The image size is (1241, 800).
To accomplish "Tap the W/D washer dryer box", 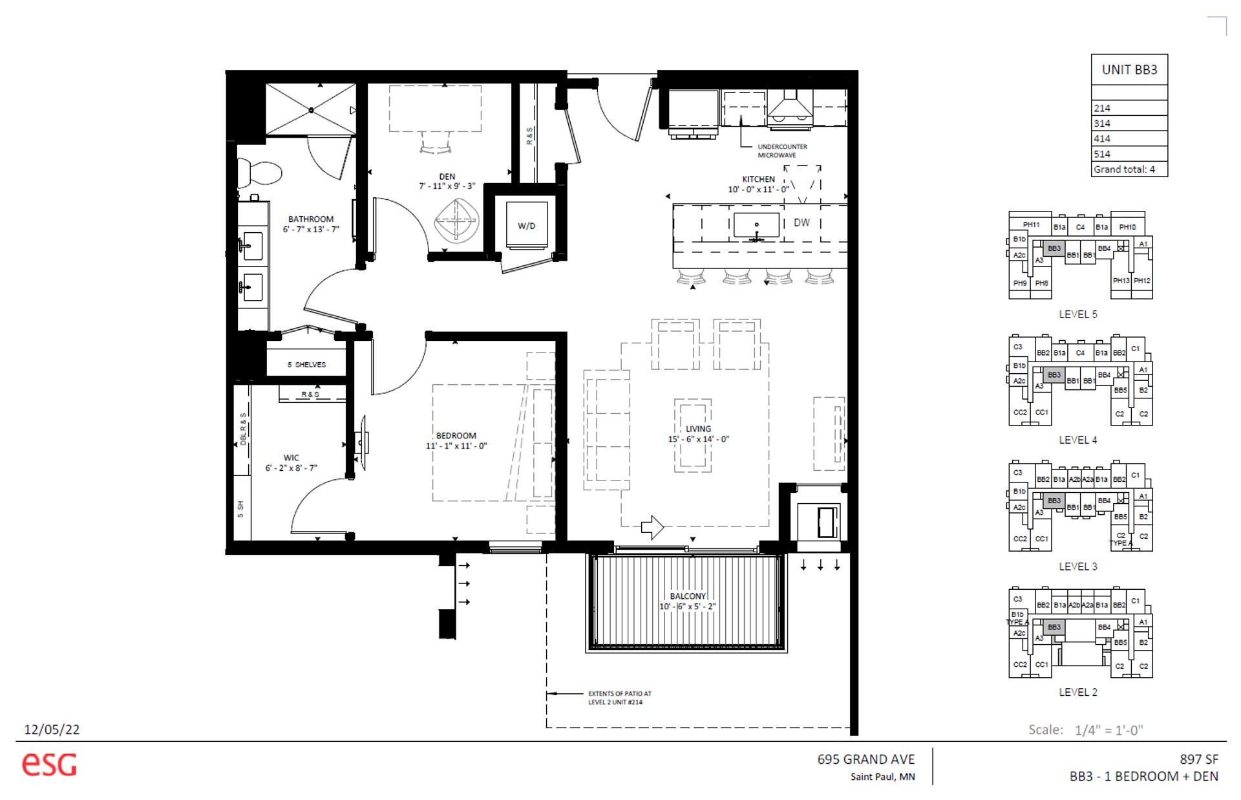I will (x=527, y=226).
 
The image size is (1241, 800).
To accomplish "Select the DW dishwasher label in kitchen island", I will (x=801, y=222).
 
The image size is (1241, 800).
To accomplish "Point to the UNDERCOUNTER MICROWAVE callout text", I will (x=781, y=151).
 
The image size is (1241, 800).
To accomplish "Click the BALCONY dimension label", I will (x=687, y=601).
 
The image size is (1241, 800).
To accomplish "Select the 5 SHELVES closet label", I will (x=306, y=365).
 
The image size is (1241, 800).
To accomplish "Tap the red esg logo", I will (x=49, y=764).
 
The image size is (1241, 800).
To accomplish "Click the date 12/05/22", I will (x=52, y=730).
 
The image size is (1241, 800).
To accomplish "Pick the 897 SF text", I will (x=1198, y=759).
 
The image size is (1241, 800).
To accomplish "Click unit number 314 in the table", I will (x=1102, y=124).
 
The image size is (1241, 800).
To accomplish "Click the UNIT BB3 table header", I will (x=1129, y=70).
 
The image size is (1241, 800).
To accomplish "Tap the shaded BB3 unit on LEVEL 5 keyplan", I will (x=1054, y=248).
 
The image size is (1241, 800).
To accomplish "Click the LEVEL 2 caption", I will (x=1077, y=692).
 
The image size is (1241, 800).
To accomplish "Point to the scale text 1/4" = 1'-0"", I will (x=1108, y=730).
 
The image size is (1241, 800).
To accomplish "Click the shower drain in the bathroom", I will (x=311, y=111).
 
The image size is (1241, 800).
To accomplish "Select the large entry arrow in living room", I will (x=652, y=527).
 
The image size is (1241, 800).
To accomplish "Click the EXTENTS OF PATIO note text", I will (x=619, y=698).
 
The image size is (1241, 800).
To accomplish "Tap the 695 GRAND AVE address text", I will (x=865, y=759).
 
